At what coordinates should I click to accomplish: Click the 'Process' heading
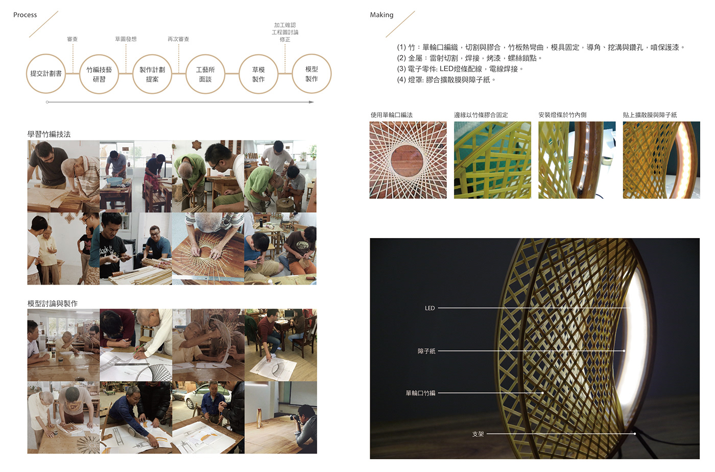(25, 15)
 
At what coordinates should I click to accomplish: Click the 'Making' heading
(382, 15)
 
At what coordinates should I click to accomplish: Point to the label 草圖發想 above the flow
(126, 39)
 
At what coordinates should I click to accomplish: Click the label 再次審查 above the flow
(178, 39)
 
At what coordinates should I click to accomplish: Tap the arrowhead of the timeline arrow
(312, 102)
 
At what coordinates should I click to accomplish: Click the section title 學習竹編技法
(49, 134)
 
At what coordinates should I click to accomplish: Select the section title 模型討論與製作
(52, 303)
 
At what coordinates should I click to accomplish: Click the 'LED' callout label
(430, 308)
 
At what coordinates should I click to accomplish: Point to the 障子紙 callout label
(426, 351)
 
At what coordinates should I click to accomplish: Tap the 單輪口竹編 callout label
(420, 393)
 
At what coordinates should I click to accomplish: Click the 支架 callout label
(478, 434)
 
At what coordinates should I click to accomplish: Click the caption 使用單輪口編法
(391, 115)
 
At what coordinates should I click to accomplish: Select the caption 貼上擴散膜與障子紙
(650, 115)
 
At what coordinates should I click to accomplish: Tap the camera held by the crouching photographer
(294, 417)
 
